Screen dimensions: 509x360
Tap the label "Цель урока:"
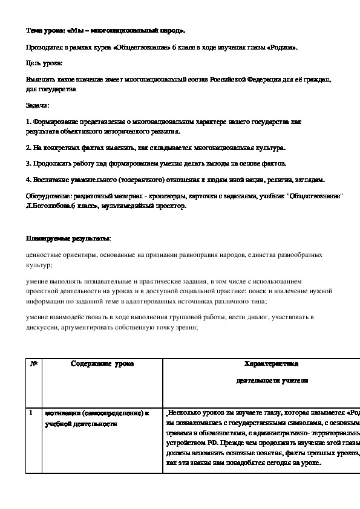click(x=44, y=63)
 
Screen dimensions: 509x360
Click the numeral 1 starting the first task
click(x=28, y=122)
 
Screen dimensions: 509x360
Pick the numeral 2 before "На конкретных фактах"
click(x=28, y=147)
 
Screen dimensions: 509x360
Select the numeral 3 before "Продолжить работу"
click(x=28, y=163)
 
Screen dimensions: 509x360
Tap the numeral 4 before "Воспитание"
click(x=28, y=180)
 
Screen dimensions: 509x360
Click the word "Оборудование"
click(x=48, y=196)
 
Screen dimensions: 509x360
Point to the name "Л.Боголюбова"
click(x=49, y=206)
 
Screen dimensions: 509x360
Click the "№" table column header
click(x=34, y=364)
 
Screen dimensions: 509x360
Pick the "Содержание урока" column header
click(x=102, y=364)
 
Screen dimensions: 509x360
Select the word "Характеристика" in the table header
click(x=270, y=364)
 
